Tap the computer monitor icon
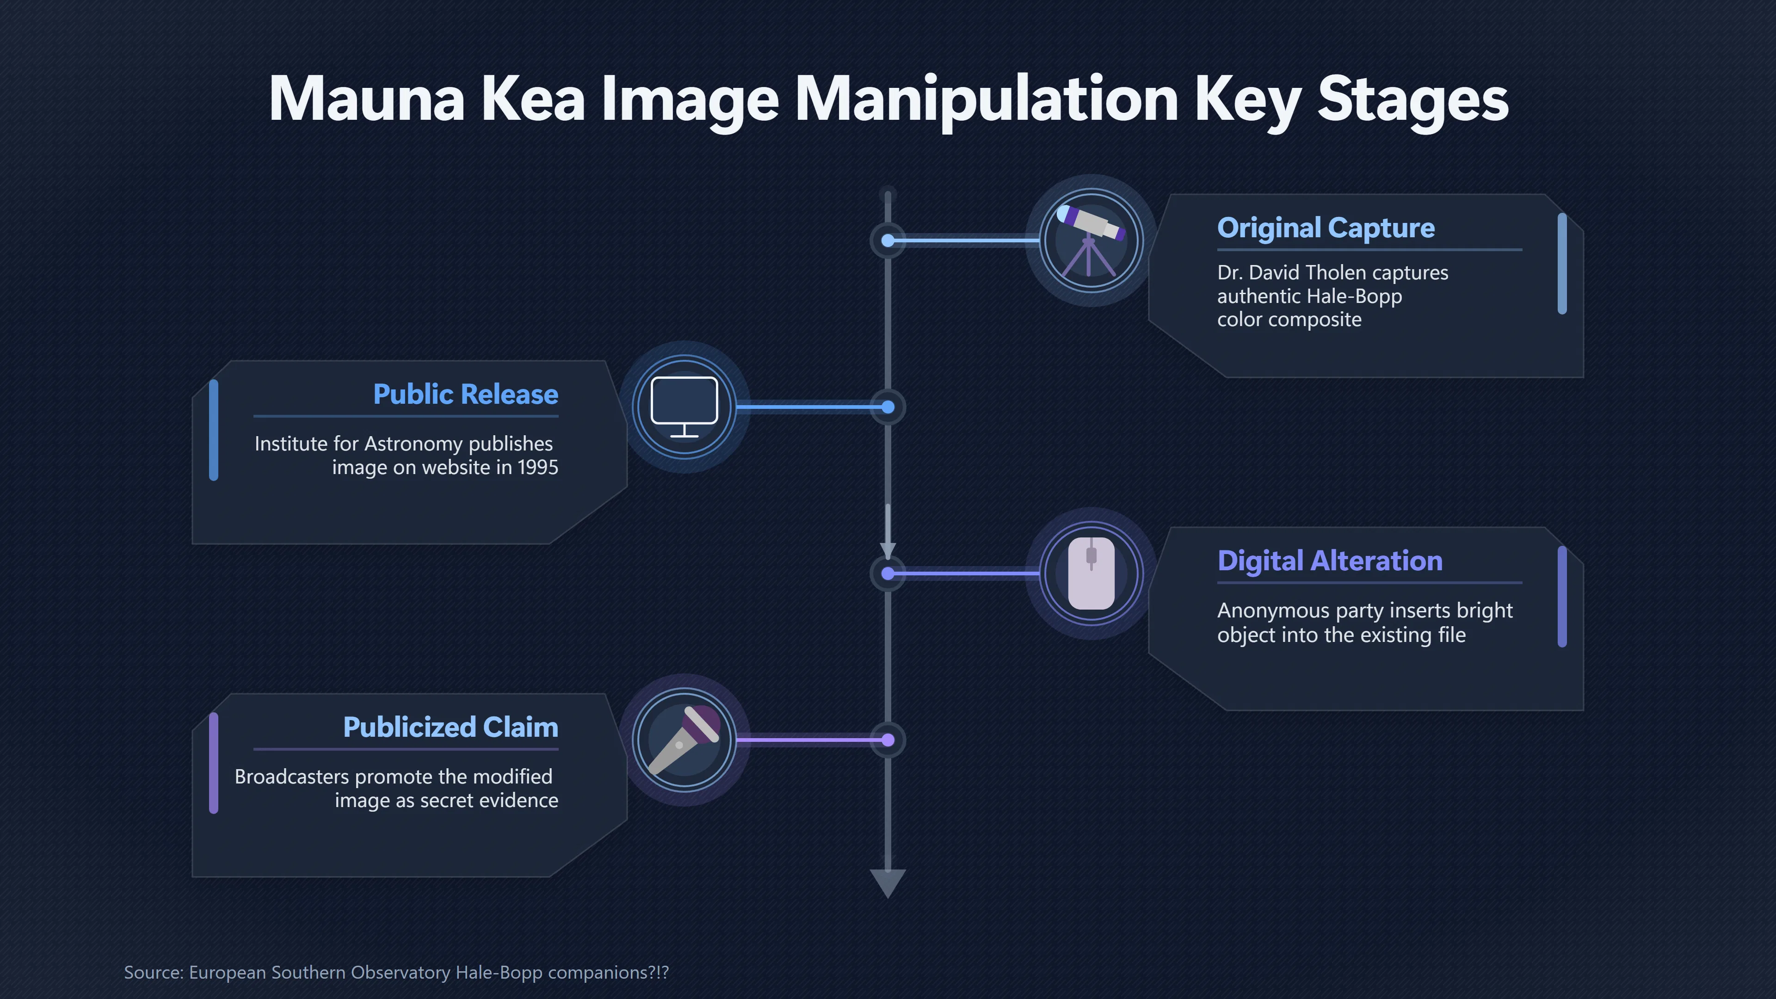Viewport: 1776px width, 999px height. point(684,407)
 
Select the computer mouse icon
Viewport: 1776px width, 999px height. point(1091,573)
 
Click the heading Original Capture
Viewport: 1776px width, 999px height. point(1326,228)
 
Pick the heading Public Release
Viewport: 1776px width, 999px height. point(465,395)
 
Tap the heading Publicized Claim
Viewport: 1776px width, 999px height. point(450,728)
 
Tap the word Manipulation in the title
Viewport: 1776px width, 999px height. point(987,100)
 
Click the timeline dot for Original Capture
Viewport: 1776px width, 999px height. point(888,240)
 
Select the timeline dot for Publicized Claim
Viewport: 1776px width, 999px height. point(888,740)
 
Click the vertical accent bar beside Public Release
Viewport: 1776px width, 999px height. point(214,430)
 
